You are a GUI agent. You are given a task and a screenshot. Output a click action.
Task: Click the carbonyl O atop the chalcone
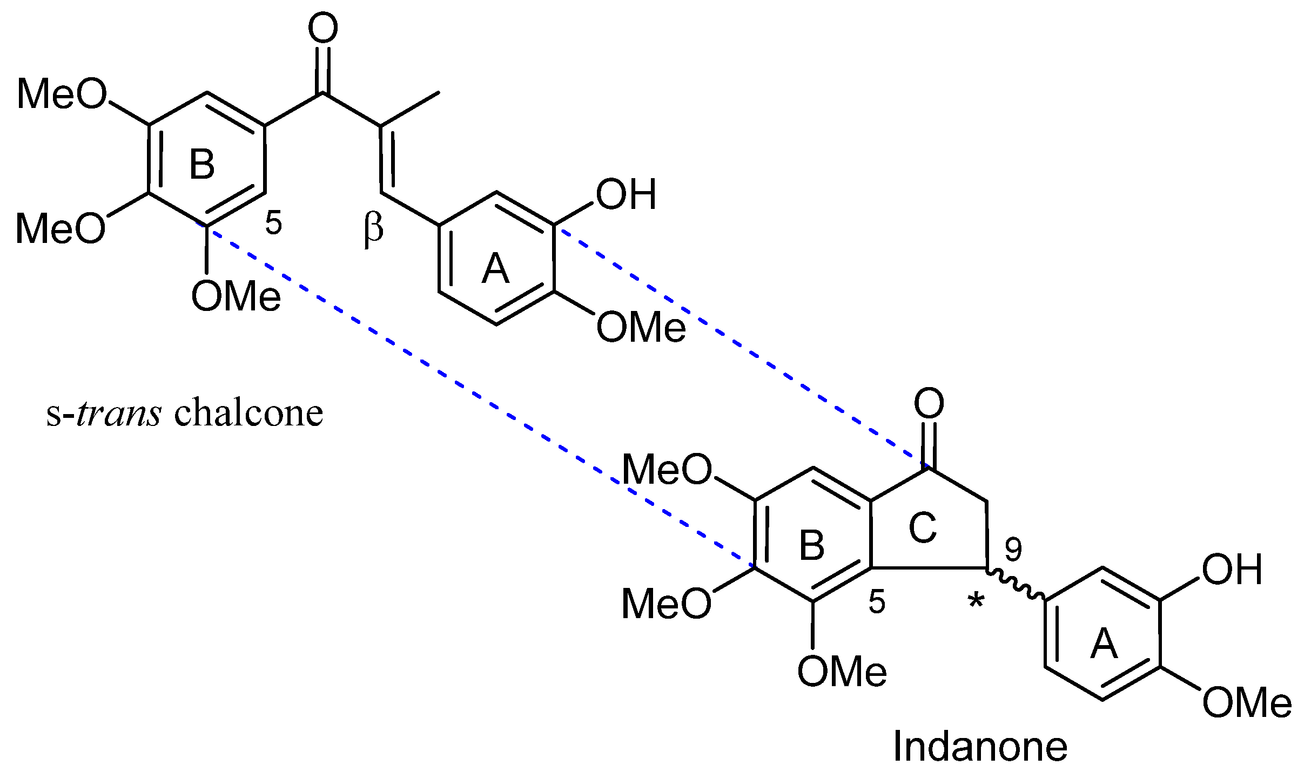point(323,29)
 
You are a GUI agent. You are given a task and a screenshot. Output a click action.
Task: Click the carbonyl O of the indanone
point(929,403)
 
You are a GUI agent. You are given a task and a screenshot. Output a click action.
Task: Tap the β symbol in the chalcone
point(373,229)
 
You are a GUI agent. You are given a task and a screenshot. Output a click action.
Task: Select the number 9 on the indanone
point(1013,550)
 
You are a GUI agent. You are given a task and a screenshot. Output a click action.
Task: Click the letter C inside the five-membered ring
point(922,527)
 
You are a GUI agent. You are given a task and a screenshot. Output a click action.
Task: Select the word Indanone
point(980,747)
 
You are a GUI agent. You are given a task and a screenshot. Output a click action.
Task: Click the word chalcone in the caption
point(248,413)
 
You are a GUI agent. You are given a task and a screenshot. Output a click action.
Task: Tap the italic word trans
point(119,413)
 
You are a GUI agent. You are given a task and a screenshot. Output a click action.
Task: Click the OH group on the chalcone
point(626,194)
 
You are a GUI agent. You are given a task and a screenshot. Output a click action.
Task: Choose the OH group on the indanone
point(1232,570)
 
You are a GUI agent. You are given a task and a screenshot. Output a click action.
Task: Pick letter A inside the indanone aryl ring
point(1104,644)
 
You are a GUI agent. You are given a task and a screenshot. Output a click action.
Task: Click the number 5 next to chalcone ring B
point(273,222)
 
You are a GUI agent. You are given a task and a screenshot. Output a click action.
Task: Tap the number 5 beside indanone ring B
point(877,602)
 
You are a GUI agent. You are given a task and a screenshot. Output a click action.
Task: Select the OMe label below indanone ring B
point(842,672)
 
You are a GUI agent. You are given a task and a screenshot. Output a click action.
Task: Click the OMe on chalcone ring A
point(641,328)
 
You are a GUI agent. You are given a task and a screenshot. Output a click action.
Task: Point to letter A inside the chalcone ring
point(495,269)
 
